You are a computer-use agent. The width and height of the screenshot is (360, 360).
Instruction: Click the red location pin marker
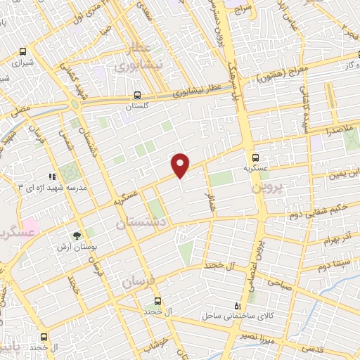coord(181,165)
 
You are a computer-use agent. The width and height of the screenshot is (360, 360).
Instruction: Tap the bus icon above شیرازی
coord(23,51)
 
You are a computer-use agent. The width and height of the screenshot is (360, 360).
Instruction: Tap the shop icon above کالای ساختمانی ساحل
coord(236,306)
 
